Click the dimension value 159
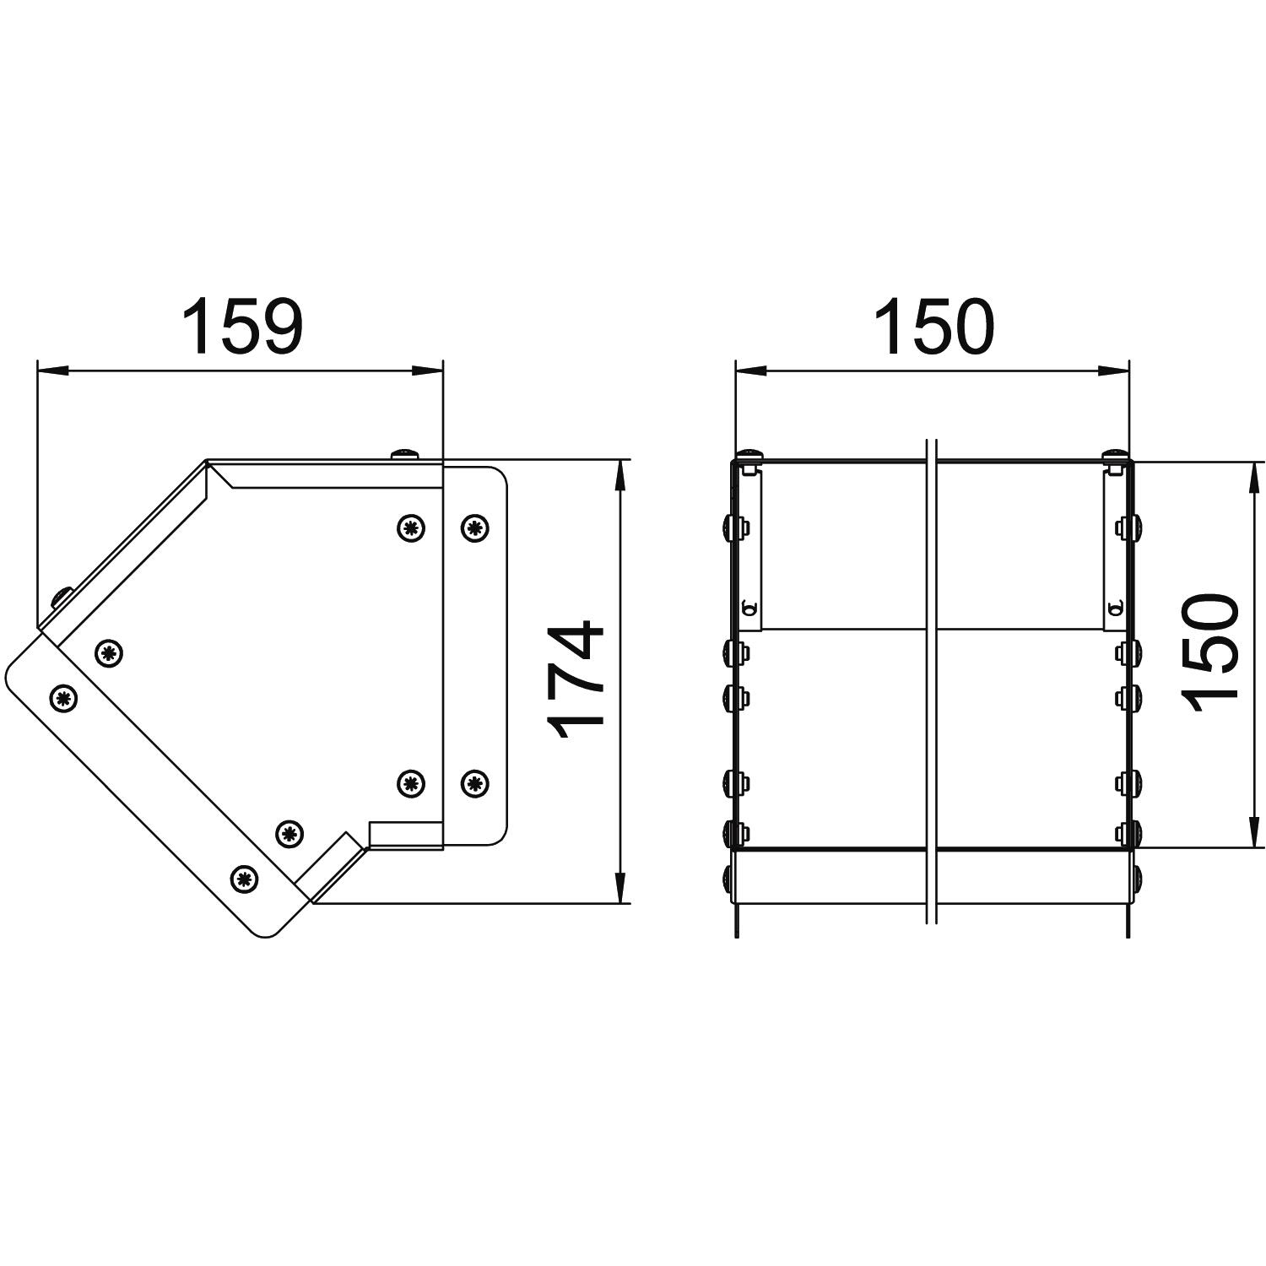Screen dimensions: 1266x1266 pos(242,326)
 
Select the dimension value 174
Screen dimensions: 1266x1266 pos(576,680)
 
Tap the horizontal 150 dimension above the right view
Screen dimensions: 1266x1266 pos(935,326)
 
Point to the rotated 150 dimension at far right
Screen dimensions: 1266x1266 pos(1210,652)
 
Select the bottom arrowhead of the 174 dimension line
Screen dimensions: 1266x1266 pos(620,887)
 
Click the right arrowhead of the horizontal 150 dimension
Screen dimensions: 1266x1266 pos(1113,370)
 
